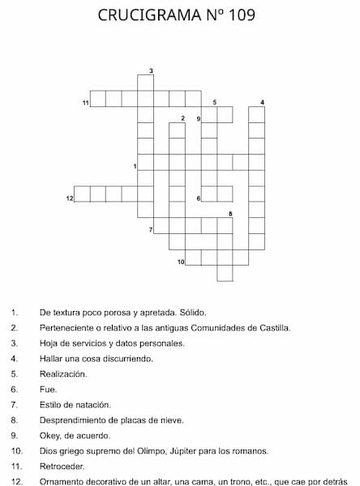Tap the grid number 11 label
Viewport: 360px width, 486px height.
tap(85, 103)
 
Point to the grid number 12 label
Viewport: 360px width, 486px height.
tap(69, 198)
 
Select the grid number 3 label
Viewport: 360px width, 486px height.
tap(152, 71)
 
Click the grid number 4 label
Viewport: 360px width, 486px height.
tap(263, 103)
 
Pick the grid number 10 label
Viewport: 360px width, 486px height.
tap(181, 261)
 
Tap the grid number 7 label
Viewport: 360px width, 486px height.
tap(152, 230)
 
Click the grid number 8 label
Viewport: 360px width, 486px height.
tap(230, 214)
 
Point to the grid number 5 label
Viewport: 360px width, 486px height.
tap(215, 103)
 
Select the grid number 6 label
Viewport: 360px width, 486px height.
tap(199, 198)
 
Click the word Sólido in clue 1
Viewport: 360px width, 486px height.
tap(193, 312)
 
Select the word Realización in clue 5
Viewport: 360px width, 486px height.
tap(63, 374)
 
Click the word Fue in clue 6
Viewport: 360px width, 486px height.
tap(47, 390)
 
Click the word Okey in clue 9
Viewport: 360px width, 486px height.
tap(49, 435)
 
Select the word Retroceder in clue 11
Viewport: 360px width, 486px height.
tap(62, 466)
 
